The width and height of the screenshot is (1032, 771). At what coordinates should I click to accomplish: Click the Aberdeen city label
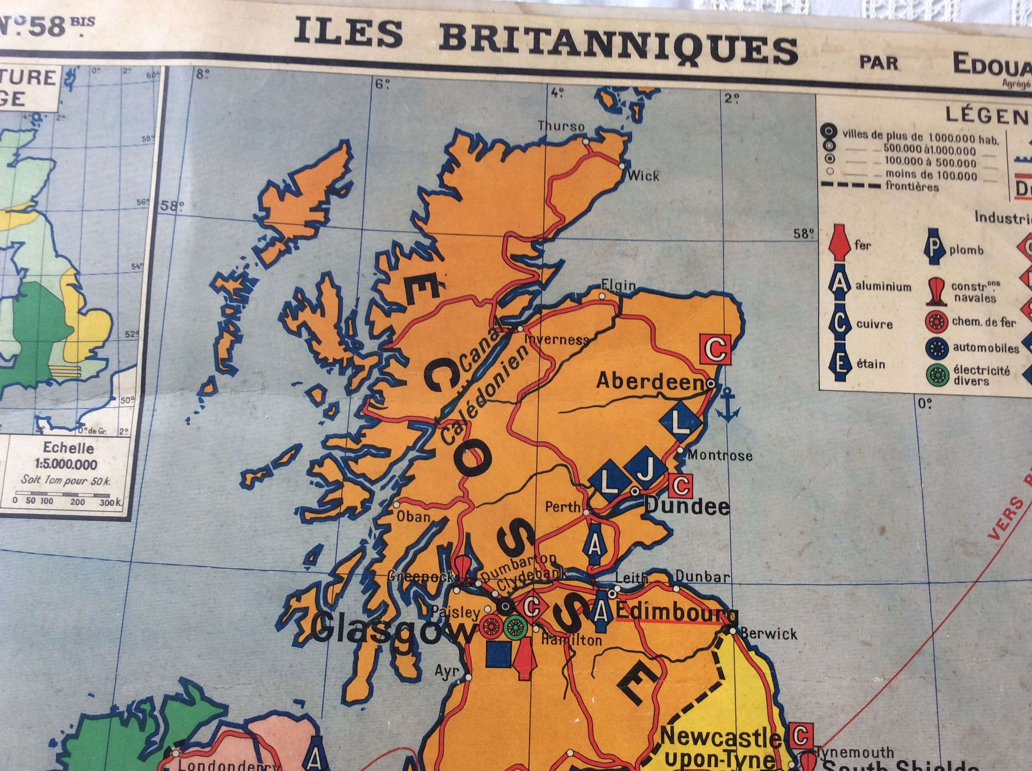click(x=649, y=382)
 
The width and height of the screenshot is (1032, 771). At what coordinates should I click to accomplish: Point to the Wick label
click(x=643, y=176)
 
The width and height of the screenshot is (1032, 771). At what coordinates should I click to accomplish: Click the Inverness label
click(x=557, y=339)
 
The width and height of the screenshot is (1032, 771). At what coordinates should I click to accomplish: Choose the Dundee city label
click(x=686, y=507)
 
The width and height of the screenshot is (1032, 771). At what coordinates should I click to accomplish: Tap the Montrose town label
click(x=720, y=455)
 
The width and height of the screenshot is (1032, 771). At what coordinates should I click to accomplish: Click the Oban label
click(x=413, y=516)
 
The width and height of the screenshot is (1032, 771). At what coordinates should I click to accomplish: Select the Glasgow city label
click(x=391, y=633)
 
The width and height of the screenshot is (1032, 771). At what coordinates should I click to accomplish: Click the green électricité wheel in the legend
click(x=935, y=374)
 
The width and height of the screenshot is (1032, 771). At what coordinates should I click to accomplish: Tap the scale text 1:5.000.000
click(x=66, y=464)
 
